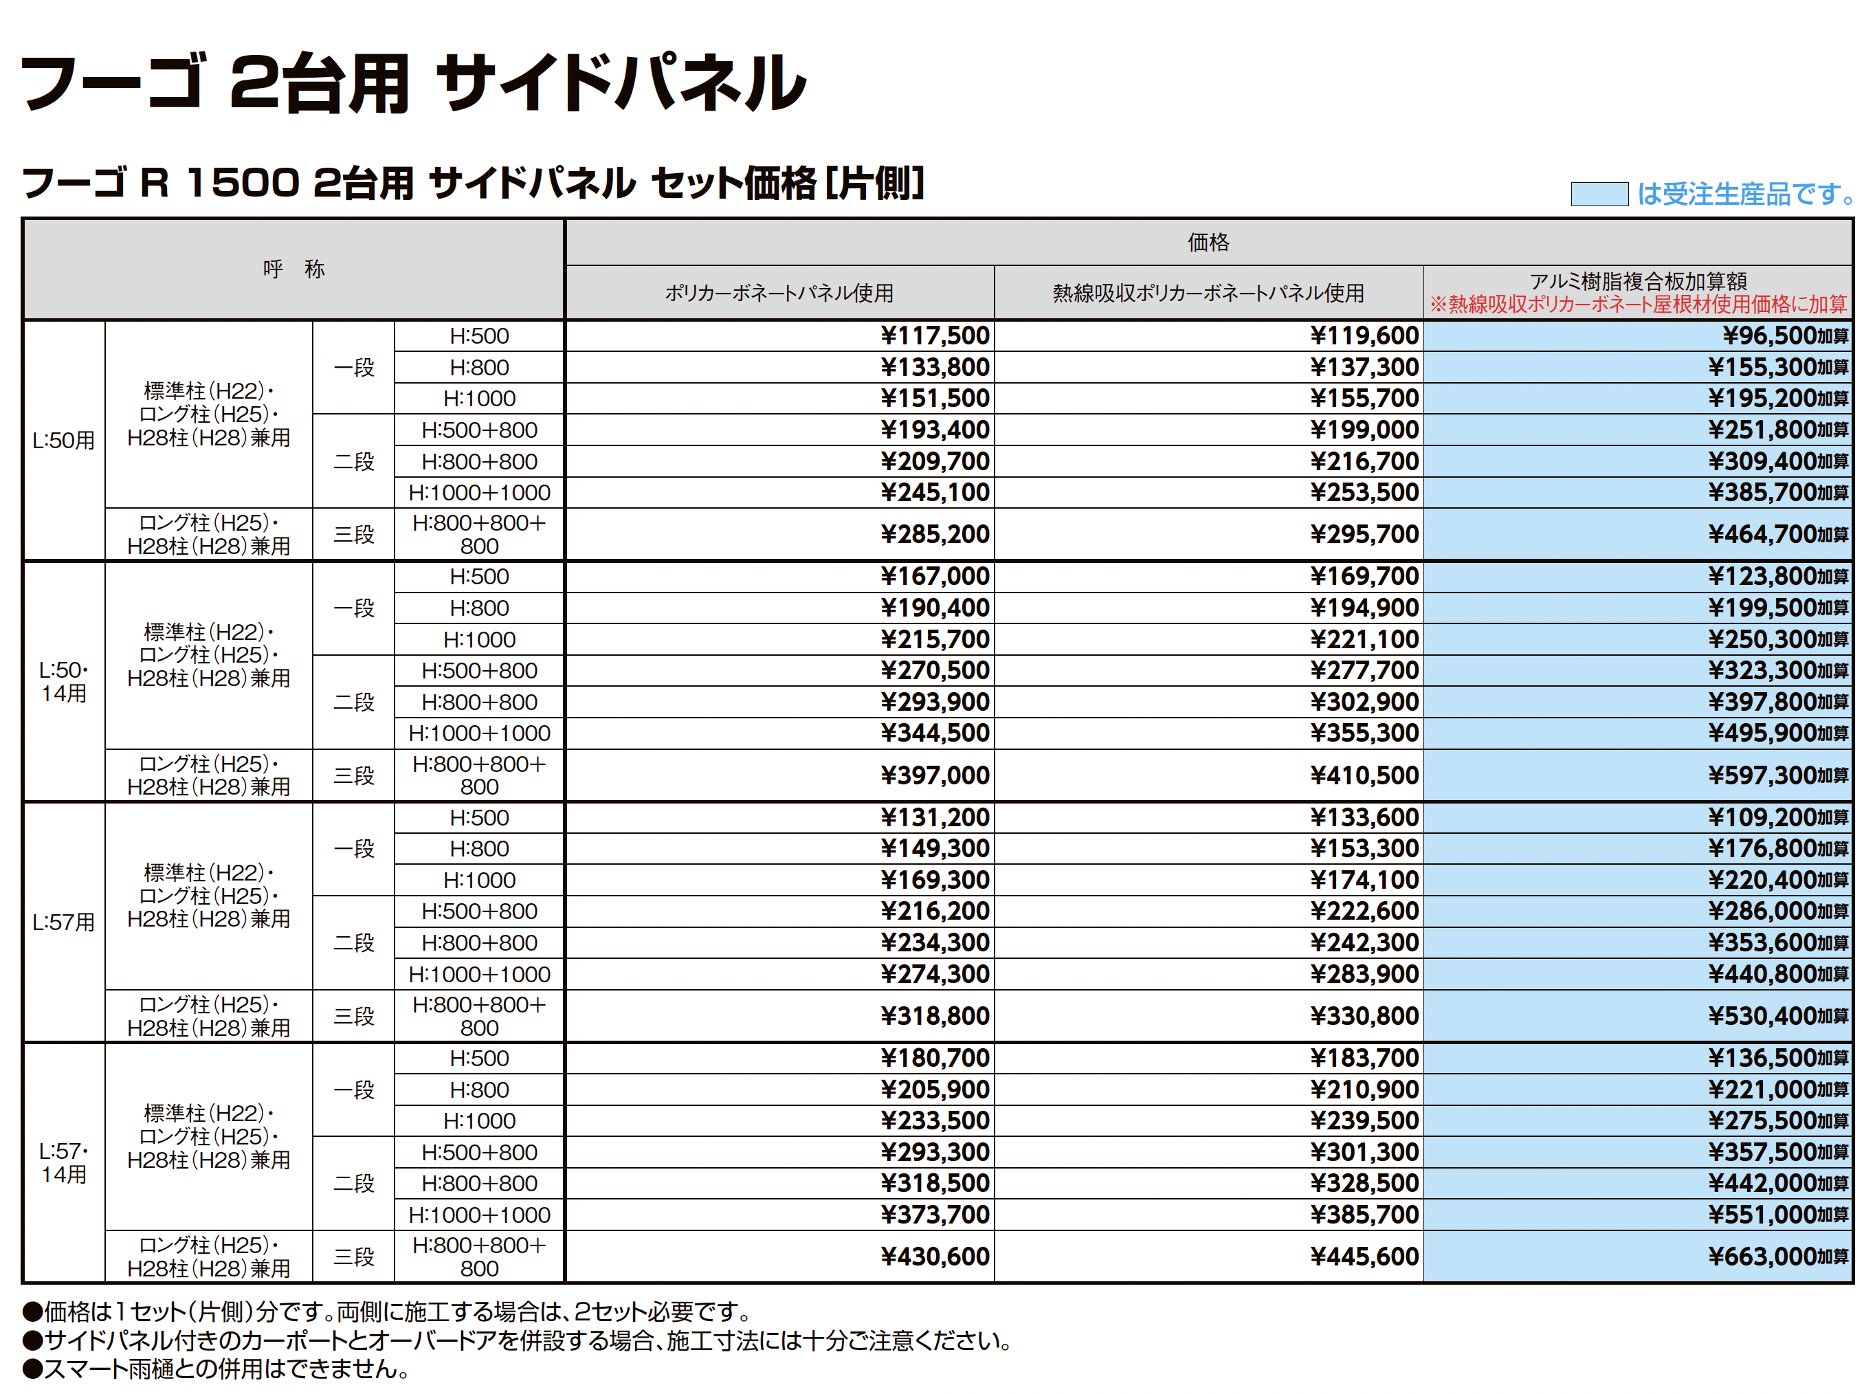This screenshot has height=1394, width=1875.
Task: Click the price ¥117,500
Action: [x=935, y=336]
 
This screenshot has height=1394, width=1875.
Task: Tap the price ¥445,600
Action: [x=1364, y=1257]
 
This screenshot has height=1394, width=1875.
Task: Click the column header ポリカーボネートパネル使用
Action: [x=779, y=293]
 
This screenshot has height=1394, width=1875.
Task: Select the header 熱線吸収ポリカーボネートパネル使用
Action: [x=1208, y=293]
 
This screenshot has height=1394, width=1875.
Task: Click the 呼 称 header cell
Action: [x=293, y=269]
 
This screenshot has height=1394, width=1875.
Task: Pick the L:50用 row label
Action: [x=63, y=441]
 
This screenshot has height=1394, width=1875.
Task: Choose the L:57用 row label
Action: [x=63, y=922]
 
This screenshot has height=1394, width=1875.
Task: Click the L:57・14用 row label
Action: [x=64, y=1163]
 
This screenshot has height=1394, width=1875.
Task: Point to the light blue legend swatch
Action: [x=1599, y=194]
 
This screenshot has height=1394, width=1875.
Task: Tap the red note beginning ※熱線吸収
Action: [x=1638, y=304]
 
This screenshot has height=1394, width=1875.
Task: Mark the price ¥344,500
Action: [x=935, y=733]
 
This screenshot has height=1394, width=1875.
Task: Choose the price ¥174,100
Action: [x=1364, y=880]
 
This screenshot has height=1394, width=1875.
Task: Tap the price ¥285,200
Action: [x=935, y=534]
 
